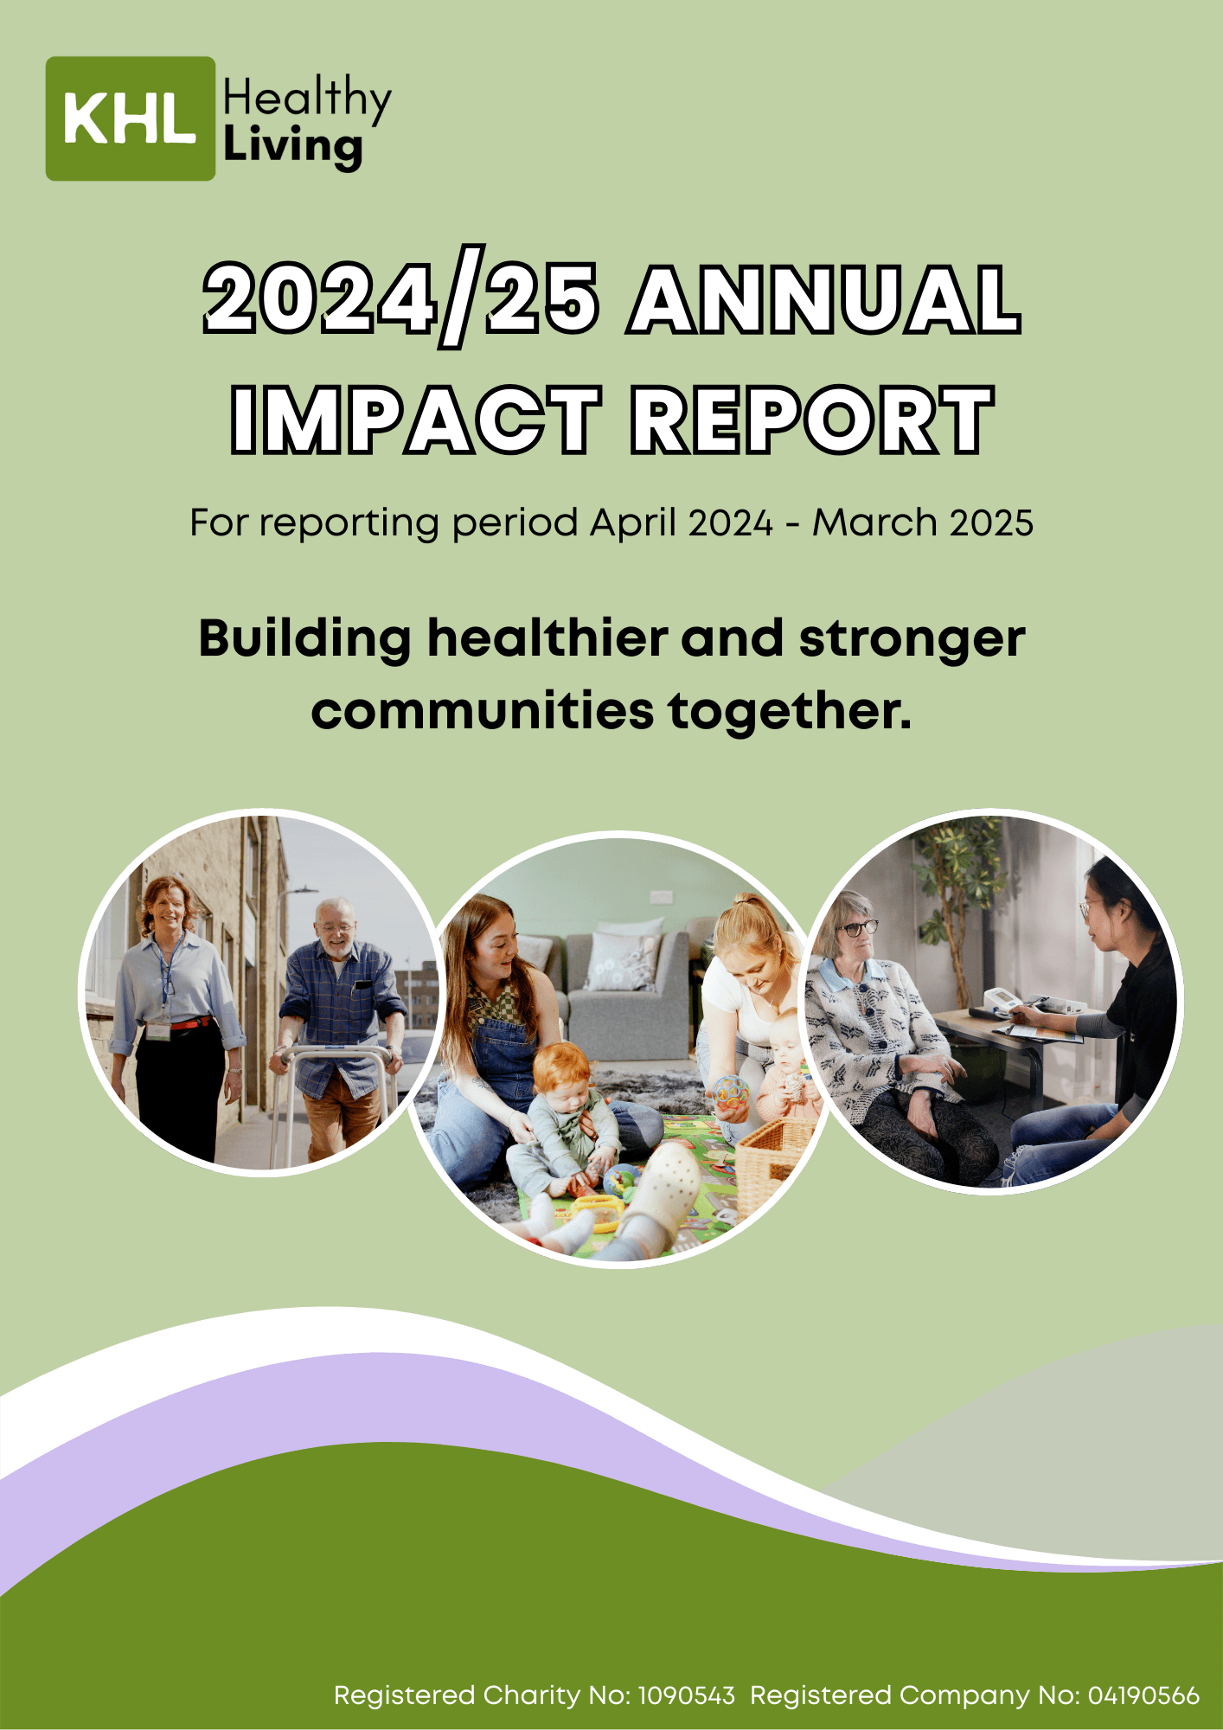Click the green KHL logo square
pyautogui.click(x=131, y=119)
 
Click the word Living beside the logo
pyautogui.click(x=292, y=148)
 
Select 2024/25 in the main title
pyautogui.click(x=400, y=300)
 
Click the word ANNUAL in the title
pyautogui.click(x=825, y=299)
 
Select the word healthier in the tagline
pyautogui.click(x=547, y=638)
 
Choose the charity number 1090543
pyautogui.click(x=687, y=1695)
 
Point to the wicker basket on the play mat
pyautogui.click(x=774, y=1163)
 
